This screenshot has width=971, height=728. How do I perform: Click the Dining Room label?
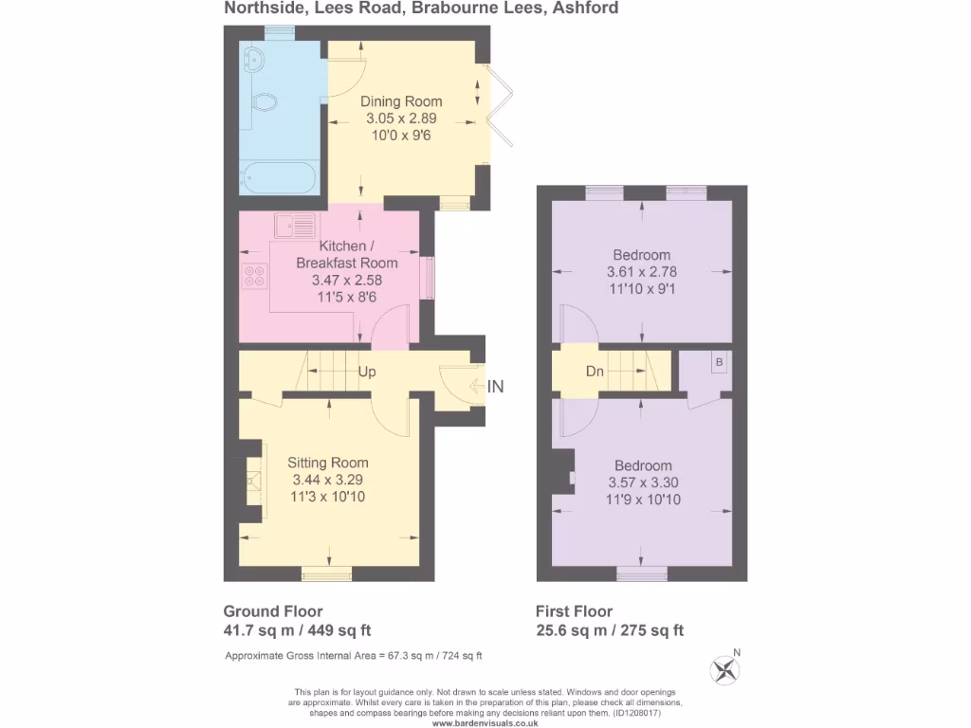click(401, 101)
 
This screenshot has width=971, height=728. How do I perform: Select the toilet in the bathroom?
click(263, 101)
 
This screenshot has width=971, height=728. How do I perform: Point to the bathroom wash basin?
click(254, 60)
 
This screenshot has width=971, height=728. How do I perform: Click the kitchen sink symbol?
click(295, 226)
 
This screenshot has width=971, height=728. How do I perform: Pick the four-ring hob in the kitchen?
click(255, 276)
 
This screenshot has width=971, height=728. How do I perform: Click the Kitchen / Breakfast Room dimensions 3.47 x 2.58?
click(347, 280)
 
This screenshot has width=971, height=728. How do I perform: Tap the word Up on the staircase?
click(367, 372)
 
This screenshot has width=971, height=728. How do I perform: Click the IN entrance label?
click(495, 387)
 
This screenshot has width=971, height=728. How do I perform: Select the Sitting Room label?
click(327, 463)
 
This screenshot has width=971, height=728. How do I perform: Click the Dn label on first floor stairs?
click(595, 371)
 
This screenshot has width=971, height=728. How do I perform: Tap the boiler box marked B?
click(719, 362)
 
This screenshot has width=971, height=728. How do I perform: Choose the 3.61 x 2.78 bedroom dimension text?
click(642, 272)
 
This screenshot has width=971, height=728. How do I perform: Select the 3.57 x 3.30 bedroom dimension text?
click(643, 482)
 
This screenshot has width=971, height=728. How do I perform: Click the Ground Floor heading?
click(273, 611)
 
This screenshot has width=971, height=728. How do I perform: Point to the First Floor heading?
click(574, 611)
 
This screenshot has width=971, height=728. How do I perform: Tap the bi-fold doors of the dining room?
click(499, 105)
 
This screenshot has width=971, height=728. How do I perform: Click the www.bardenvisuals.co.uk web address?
click(485, 723)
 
